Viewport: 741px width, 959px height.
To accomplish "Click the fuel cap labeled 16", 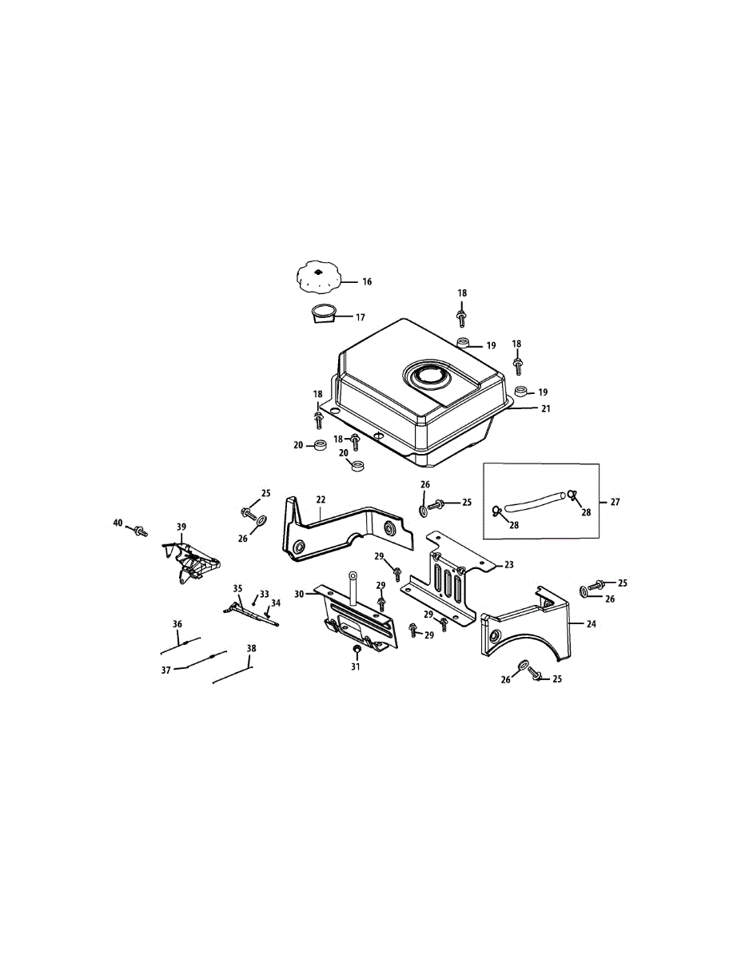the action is (319, 277).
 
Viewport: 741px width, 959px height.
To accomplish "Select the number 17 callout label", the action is (361, 317).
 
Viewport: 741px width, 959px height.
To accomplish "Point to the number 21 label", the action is (546, 408).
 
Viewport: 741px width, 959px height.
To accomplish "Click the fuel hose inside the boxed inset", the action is (535, 503).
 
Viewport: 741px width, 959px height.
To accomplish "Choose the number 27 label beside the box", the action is (615, 502).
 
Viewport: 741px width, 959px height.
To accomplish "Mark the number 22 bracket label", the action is (321, 499).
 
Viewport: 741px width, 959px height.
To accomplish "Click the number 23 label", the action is (509, 564).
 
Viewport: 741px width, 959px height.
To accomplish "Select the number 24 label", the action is (592, 623).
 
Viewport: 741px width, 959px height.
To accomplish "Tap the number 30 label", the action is (299, 594).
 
